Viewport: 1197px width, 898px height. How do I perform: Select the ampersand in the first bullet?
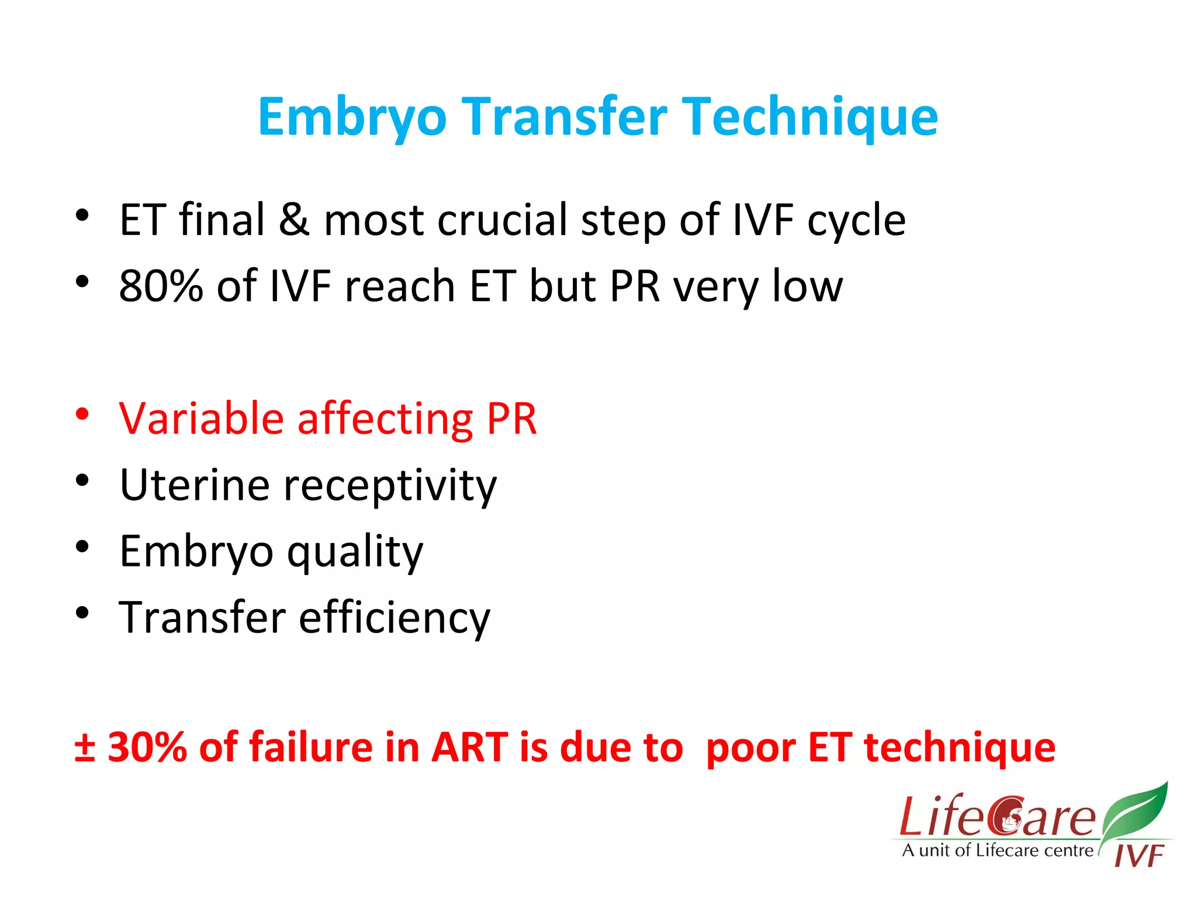tap(294, 220)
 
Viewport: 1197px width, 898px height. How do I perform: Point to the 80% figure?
tap(161, 286)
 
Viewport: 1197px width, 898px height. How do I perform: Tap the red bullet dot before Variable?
tap(82, 414)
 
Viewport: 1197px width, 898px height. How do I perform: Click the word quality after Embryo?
tap(355, 552)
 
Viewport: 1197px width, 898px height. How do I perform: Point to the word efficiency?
tap(395, 618)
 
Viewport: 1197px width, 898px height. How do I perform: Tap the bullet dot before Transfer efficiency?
tap(82, 613)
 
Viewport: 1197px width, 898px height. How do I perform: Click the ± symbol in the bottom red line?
tap(85, 747)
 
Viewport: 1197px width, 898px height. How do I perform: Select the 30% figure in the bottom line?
tap(147, 747)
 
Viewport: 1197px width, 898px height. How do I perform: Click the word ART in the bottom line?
tap(469, 747)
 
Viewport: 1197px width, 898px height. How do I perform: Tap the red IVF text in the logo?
tap(1139, 856)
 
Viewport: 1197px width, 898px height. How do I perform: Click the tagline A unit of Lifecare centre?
tap(997, 851)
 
